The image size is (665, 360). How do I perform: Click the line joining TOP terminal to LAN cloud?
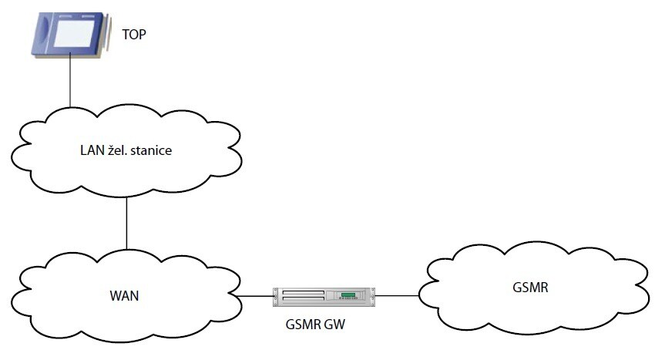[x=70, y=80]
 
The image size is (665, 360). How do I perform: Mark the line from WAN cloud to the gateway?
[x=256, y=295]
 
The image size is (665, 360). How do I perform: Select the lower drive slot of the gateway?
[x=303, y=298]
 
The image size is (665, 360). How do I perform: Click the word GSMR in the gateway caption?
[x=302, y=325]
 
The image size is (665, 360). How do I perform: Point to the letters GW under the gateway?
[x=335, y=325]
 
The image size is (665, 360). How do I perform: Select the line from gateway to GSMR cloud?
[x=398, y=295]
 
